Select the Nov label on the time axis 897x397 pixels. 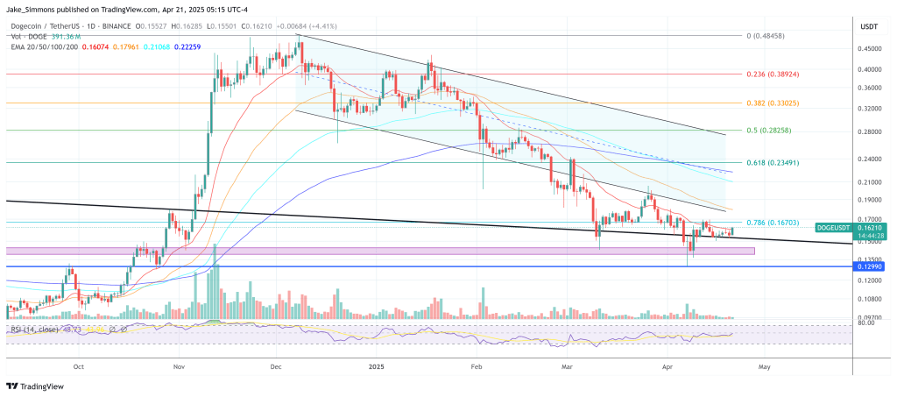(178, 368)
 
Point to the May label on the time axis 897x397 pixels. (764, 368)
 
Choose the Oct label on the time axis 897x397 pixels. (79, 368)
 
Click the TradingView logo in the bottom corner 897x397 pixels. (34, 385)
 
